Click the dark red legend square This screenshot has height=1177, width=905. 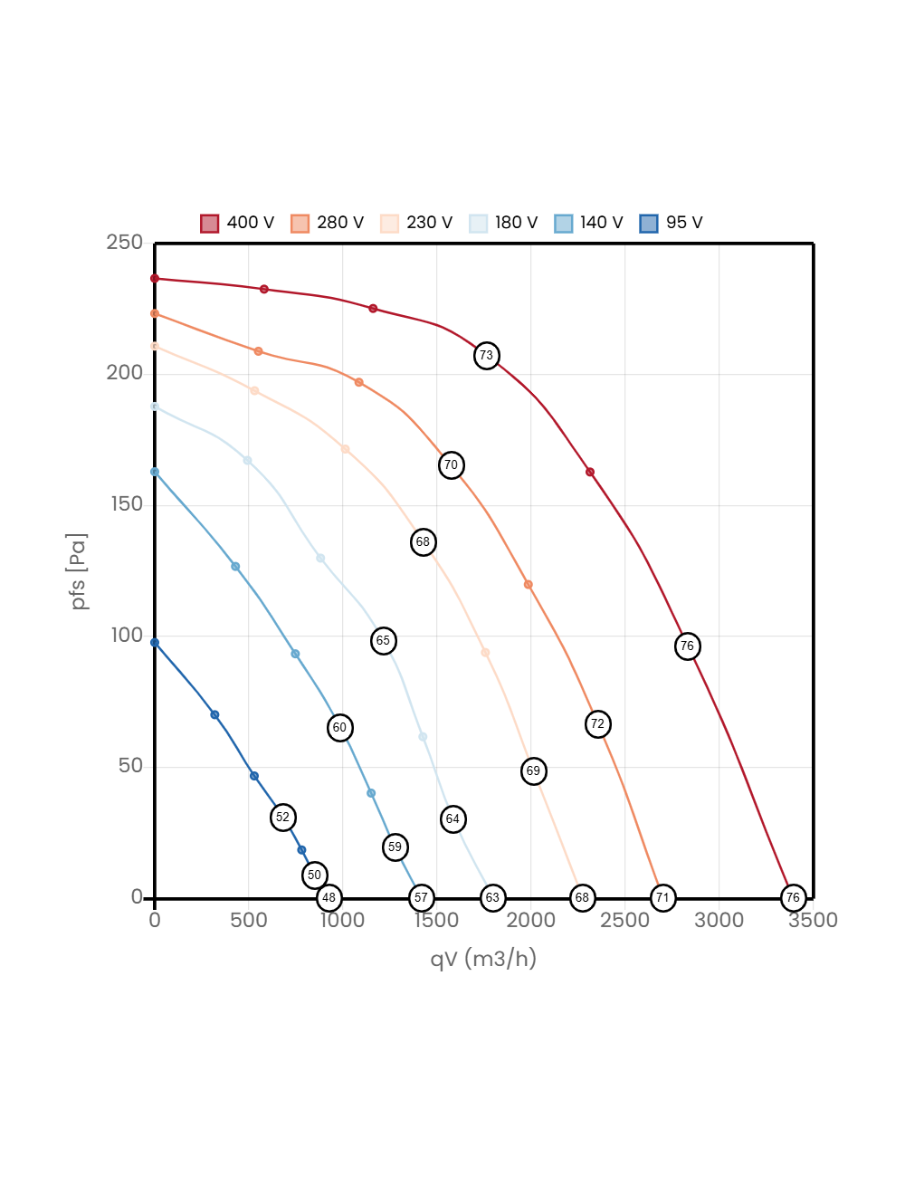click(x=210, y=224)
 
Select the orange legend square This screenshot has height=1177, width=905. click(x=300, y=224)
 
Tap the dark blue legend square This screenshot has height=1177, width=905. click(x=649, y=224)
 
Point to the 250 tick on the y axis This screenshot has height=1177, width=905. click(x=125, y=242)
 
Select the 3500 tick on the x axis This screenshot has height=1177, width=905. click(x=813, y=920)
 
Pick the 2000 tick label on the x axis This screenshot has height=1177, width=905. click(x=530, y=920)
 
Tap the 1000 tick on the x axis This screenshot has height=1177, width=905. click(x=342, y=920)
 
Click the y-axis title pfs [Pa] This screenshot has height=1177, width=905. click(x=80, y=571)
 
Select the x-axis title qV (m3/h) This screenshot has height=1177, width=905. click(x=483, y=959)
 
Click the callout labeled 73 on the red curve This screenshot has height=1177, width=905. click(x=487, y=356)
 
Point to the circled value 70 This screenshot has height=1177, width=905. click(x=451, y=465)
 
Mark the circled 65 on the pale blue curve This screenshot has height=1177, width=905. click(x=383, y=641)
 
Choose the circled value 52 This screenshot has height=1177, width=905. click(x=283, y=818)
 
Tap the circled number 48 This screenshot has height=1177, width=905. click(x=329, y=898)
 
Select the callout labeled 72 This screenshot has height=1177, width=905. click(x=597, y=724)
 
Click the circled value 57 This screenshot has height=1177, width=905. click(x=421, y=898)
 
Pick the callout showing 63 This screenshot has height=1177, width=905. click(x=492, y=898)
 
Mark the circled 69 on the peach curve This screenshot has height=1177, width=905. click(x=533, y=771)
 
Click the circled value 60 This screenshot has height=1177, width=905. click(x=339, y=728)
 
